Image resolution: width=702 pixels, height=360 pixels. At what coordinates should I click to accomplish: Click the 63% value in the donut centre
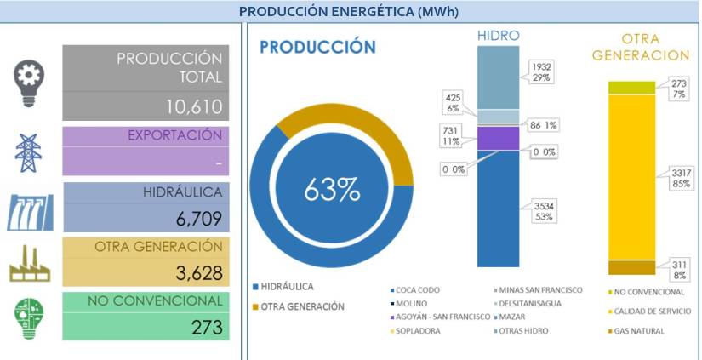[x=332, y=190]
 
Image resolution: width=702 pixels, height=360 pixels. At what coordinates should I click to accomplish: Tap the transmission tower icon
[x=29, y=151]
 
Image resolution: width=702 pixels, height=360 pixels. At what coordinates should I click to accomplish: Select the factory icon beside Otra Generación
[x=29, y=264]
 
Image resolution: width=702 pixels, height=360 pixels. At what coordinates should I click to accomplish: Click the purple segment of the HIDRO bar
[x=498, y=138]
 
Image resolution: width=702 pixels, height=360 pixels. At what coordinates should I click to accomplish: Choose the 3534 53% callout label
[x=541, y=211]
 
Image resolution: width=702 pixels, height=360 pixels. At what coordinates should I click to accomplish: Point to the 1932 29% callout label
[x=541, y=71]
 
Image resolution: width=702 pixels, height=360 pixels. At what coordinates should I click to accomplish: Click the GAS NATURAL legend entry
[x=638, y=330]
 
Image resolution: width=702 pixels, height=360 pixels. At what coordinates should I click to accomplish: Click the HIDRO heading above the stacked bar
[x=498, y=36]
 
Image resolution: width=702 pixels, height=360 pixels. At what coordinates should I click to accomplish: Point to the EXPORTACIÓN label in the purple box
[x=174, y=135]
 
